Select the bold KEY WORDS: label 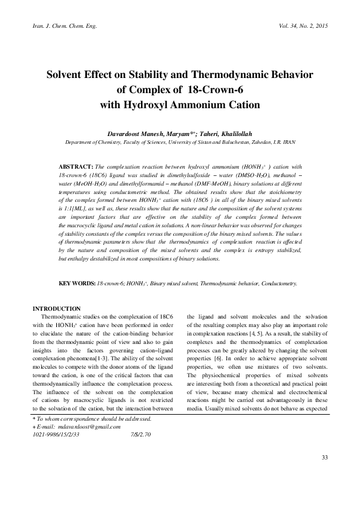click(77, 283)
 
